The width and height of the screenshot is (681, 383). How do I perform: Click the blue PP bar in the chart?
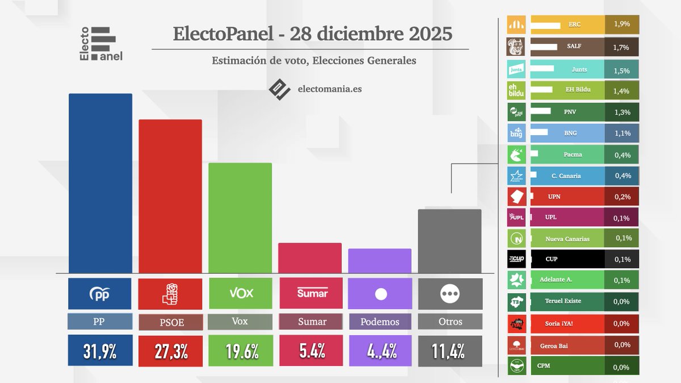(x=100, y=183)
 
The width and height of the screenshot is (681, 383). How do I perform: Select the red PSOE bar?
(x=170, y=196)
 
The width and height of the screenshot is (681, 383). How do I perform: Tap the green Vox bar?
(x=240, y=218)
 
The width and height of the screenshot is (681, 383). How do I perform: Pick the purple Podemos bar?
(x=380, y=261)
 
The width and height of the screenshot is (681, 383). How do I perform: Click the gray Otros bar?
(x=449, y=241)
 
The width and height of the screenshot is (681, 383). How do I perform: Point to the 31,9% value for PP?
(x=100, y=351)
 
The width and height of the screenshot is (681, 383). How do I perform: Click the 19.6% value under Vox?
(x=241, y=351)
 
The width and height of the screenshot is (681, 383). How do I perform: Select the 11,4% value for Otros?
(x=450, y=351)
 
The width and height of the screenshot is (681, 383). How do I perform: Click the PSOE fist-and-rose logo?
(x=170, y=293)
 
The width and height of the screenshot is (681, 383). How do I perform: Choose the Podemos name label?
(x=380, y=322)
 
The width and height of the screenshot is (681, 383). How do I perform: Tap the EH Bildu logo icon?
(x=516, y=90)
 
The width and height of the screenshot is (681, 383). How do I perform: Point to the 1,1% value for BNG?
(x=622, y=133)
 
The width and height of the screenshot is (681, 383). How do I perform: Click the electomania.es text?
(x=329, y=89)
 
